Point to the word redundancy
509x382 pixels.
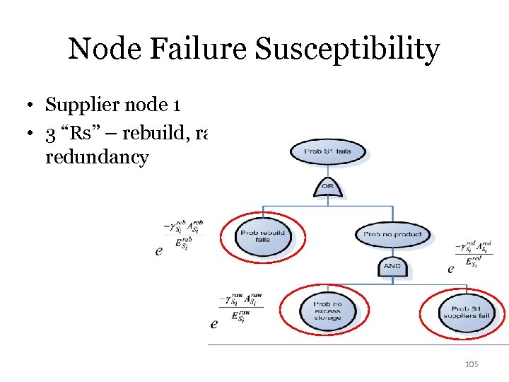(x=96, y=156)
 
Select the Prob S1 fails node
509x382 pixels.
(x=327, y=151)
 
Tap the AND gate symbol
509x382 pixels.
(x=392, y=265)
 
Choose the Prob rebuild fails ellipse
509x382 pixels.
(x=262, y=236)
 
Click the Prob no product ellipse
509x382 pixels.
(x=392, y=234)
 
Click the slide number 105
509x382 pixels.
(x=471, y=364)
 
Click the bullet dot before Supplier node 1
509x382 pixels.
(x=33, y=106)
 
